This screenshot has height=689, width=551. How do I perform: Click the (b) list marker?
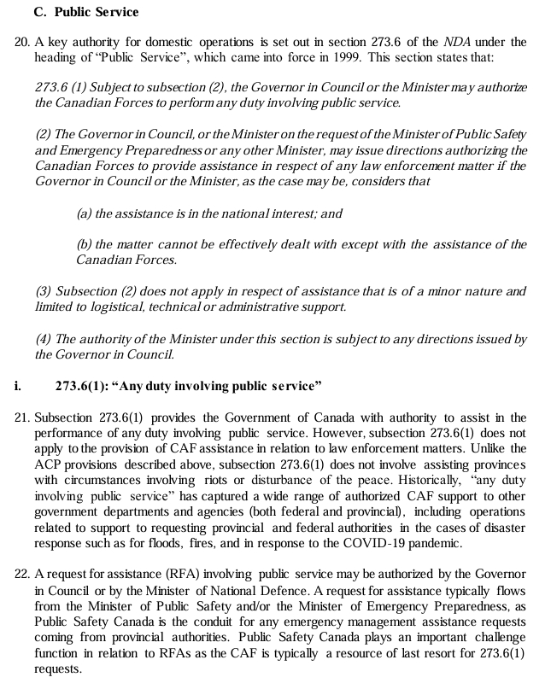click(85, 244)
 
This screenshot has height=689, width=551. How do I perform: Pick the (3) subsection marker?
click(44, 291)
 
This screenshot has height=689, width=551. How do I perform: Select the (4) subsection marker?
click(44, 339)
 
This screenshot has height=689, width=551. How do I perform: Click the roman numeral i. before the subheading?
click(18, 385)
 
